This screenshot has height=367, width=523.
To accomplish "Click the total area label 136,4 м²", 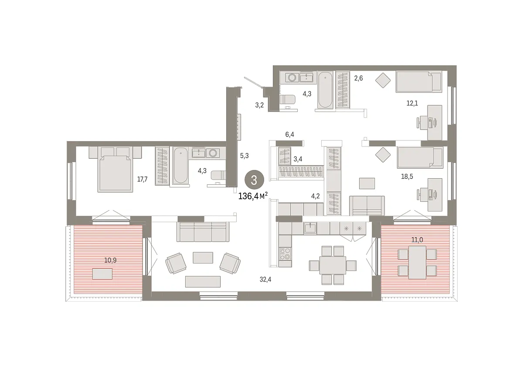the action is (x=253, y=196).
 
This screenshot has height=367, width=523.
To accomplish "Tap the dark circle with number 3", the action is (x=254, y=180).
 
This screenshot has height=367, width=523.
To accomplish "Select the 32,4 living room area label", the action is (x=265, y=279).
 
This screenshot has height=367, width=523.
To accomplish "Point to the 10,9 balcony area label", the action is (x=110, y=260).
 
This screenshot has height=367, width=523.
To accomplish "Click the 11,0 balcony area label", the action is (x=417, y=240).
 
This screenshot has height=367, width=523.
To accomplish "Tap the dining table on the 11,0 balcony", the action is (x=417, y=262).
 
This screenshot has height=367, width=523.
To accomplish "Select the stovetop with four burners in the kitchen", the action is (x=285, y=254).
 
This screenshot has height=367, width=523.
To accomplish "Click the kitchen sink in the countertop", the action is (x=310, y=228).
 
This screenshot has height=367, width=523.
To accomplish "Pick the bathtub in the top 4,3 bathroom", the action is (x=325, y=90).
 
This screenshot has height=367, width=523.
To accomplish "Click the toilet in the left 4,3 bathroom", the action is (x=218, y=175).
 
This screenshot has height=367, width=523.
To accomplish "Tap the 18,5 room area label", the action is (x=407, y=177).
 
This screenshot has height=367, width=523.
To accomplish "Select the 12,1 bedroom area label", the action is (x=412, y=103).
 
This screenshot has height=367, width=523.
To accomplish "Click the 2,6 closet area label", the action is (x=358, y=78).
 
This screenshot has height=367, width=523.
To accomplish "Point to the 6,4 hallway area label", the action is (x=289, y=135).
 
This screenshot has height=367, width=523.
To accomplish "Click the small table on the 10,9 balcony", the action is (x=102, y=274).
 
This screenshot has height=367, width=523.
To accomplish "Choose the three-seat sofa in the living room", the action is (x=203, y=231).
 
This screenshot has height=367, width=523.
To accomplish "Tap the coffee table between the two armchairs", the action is (x=203, y=258).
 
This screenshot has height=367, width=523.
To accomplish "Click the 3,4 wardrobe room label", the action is (x=298, y=159).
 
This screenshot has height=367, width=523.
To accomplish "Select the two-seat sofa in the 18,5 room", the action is (x=367, y=205).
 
